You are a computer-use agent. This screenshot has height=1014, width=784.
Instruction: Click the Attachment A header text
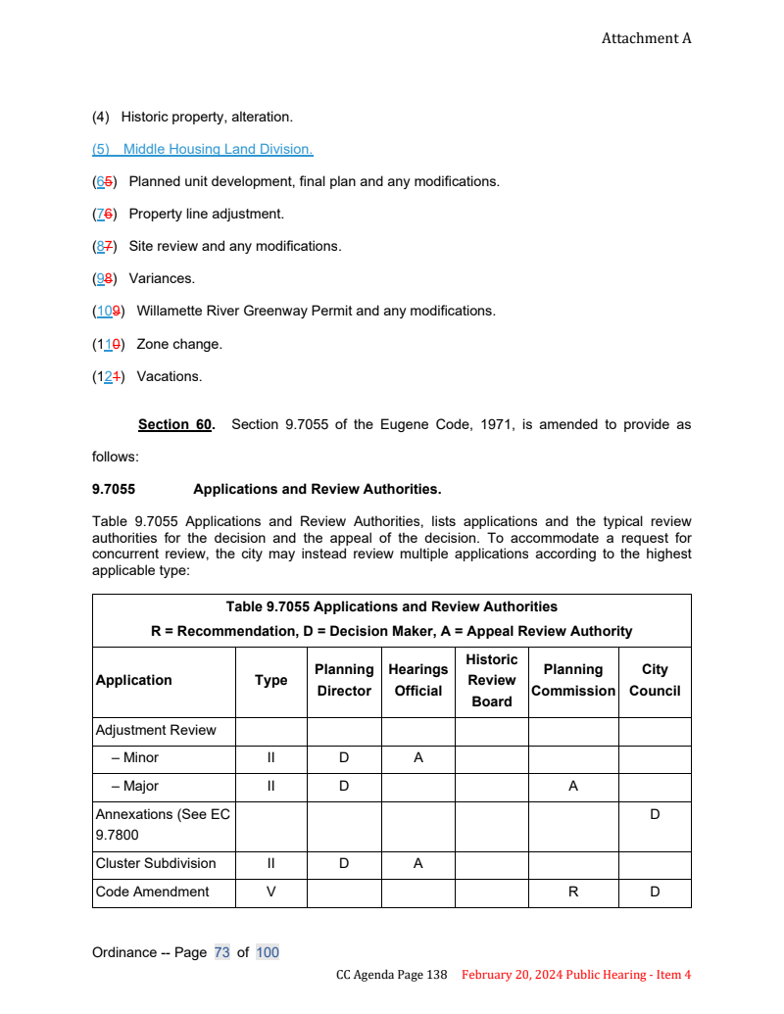click(646, 38)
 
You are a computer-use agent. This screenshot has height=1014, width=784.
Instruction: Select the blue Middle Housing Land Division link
click(202, 149)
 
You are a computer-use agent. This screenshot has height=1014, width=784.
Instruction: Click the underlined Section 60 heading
click(175, 424)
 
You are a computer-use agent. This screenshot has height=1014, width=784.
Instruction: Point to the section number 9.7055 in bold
click(113, 489)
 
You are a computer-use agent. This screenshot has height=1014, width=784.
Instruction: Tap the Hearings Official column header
click(417, 680)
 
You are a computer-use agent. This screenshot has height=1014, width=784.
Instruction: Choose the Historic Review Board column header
click(491, 680)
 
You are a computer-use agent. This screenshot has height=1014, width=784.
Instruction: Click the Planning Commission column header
click(572, 680)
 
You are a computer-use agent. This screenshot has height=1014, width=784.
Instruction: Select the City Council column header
click(654, 680)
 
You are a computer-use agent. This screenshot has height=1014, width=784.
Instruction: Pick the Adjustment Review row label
click(156, 730)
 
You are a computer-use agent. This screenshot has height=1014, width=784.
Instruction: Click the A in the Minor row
click(417, 757)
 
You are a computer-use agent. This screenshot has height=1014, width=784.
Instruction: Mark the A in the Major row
click(572, 786)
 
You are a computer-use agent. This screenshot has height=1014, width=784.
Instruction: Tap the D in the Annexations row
click(654, 814)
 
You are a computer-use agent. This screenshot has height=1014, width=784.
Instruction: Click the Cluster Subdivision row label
click(156, 863)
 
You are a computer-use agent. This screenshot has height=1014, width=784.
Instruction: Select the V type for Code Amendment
click(270, 892)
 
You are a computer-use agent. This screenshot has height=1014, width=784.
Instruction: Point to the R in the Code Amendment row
click(572, 892)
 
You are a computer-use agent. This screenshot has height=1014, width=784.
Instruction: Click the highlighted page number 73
click(221, 952)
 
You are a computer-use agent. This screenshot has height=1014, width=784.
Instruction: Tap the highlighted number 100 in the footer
click(267, 952)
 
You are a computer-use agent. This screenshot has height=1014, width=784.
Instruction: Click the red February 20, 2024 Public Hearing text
click(576, 975)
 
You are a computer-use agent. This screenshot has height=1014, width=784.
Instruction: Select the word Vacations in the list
click(169, 376)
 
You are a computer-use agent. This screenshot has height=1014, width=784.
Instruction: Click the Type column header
click(270, 680)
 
